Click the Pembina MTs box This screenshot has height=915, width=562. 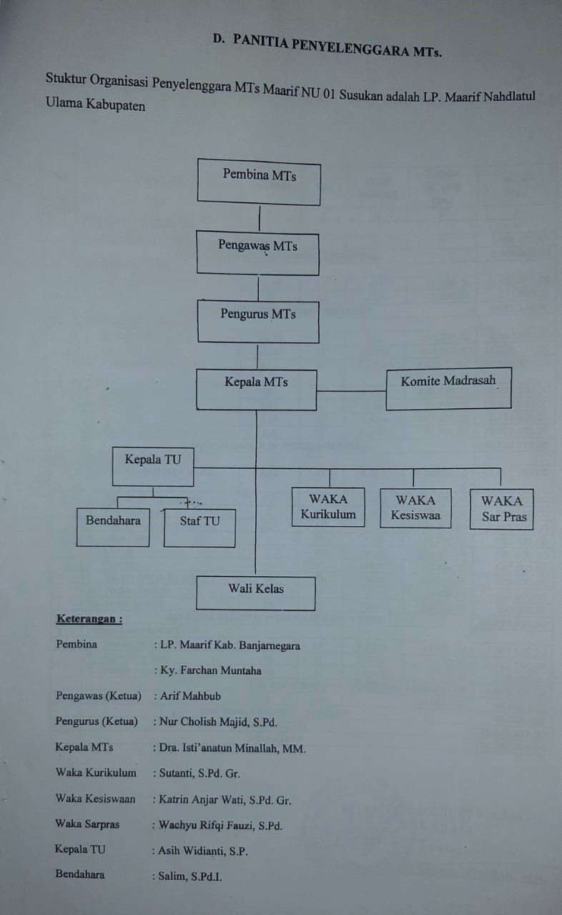click(x=259, y=182)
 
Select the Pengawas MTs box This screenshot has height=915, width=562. click(x=257, y=253)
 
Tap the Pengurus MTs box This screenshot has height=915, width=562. click(x=258, y=322)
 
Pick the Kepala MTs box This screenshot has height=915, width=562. click(x=257, y=390)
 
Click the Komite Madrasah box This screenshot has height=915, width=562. click(x=448, y=388)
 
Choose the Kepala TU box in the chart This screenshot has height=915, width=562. click(x=153, y=467)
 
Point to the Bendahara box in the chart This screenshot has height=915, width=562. click(x=113, y=527)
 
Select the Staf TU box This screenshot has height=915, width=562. click(x=199, y=528)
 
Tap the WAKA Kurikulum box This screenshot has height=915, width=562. click(x=328, y=507)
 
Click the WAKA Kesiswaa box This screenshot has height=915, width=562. click(x=416, y=508)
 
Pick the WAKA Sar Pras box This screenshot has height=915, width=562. click(x=502, y=509)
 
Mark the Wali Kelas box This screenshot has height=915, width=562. click(x=256, y=593)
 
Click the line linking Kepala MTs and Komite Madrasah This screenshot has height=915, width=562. click(x=351, y=391)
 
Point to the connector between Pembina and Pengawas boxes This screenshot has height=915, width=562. click(x=259, y=218)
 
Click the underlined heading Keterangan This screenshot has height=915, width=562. click(x=89, y=619)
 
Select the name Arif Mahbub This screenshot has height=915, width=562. click(x=190, y=696)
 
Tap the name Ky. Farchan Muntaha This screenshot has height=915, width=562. click(x=211, y=671)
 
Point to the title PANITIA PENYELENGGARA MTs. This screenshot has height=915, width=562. click(x=337, y=46)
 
